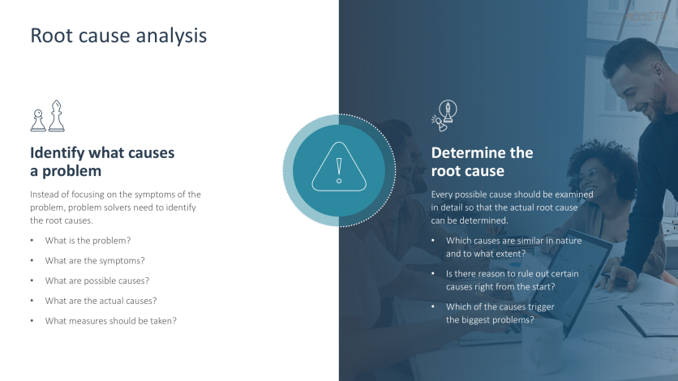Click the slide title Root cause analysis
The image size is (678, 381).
tap(118, 36)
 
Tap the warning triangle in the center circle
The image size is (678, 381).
tap(339, 167)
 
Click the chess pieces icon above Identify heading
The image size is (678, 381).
tap(48, 116)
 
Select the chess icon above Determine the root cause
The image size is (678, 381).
tap(444, 115)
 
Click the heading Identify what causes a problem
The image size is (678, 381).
tap(102, 161)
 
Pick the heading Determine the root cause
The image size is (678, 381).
tap(482, 161)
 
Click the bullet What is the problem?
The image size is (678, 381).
tap(88, 241)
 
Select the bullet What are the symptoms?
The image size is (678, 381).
tap(95, 260)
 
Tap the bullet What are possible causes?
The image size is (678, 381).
tap(97, 280)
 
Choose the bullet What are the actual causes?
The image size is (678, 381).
tap(101, 301)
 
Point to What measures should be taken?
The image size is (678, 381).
tap(110, 321)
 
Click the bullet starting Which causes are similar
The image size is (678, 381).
tap(513, 247)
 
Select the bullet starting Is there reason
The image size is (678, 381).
tap(512, 280)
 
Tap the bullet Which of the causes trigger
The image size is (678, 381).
tap(500, 313)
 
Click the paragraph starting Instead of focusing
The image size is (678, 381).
tap(115, 208)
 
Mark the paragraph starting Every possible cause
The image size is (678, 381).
tap(512, 208)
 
